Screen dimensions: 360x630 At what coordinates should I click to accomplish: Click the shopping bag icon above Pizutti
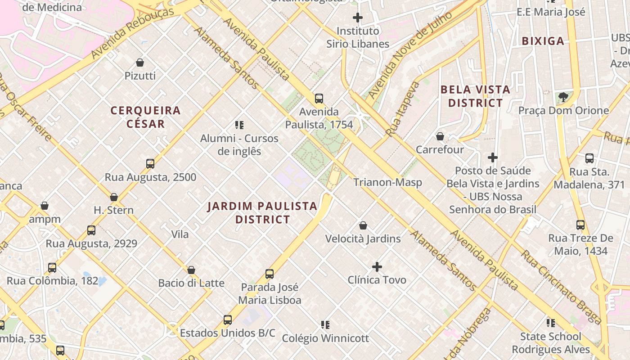140,63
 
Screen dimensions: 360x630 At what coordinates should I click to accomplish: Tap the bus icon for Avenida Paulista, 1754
319,98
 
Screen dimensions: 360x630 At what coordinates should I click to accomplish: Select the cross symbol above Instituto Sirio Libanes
358,18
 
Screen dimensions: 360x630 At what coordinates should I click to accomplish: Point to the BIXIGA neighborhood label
543,41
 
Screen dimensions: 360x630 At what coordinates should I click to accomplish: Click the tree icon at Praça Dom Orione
563,97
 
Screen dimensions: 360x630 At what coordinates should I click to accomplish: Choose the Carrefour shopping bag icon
440,136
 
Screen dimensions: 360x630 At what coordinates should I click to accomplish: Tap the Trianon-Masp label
387,182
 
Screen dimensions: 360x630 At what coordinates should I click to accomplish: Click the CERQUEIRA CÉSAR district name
145,117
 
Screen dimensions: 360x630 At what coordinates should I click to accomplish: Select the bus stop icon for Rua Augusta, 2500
150,164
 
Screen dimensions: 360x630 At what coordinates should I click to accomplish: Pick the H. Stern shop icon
114,197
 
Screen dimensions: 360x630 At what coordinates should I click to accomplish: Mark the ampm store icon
45,206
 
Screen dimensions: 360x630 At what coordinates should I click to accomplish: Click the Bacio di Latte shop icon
191,270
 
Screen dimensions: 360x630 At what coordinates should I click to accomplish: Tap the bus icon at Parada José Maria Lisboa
270,274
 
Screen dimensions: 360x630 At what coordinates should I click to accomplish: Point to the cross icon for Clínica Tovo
377,267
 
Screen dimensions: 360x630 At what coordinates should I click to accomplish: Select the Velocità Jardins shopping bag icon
363,225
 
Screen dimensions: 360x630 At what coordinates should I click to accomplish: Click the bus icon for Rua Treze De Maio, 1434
580,225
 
